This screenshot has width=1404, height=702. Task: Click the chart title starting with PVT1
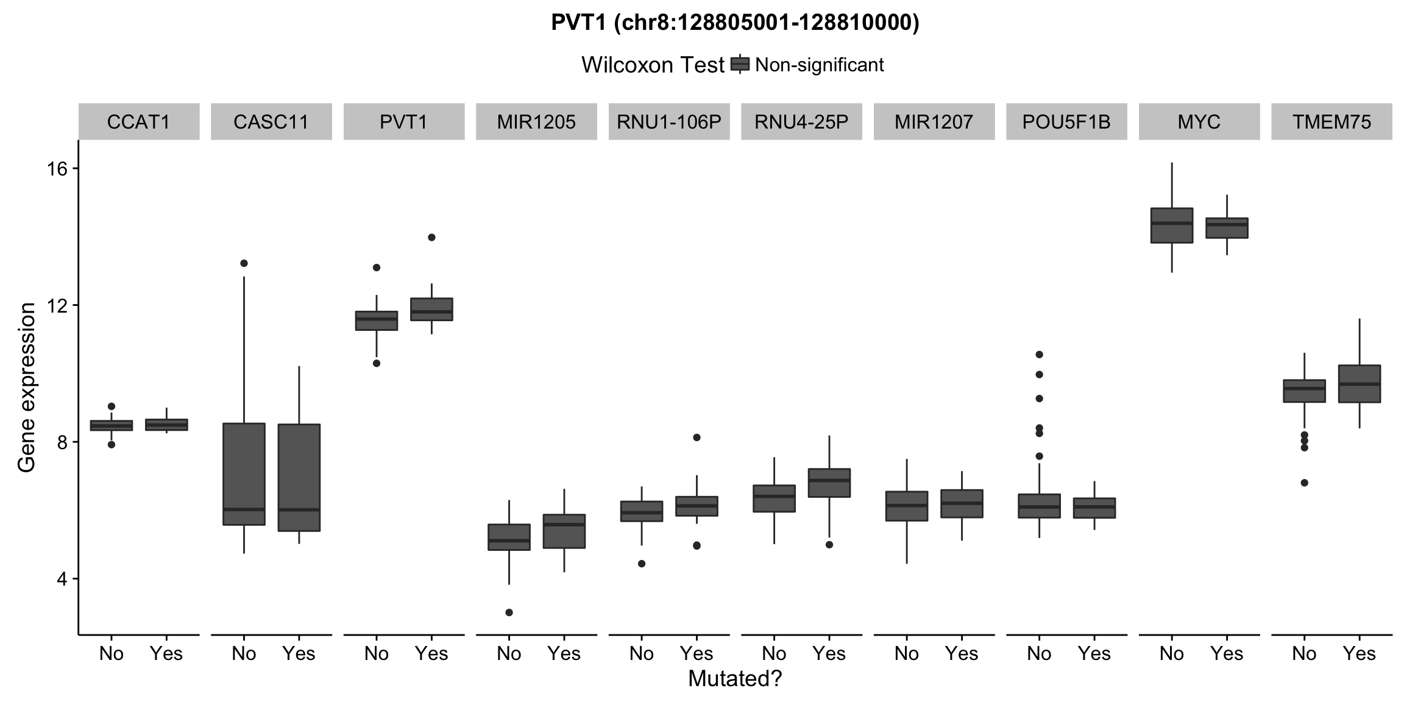pyautogui.click(x=735, y=23)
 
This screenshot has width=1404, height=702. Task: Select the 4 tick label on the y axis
pyautogui.click(x=62, y=579)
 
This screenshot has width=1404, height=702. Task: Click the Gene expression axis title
pyautogui.click(x=27, y=388)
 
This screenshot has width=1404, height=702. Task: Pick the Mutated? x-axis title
pyautogui.click(x=734, y=679)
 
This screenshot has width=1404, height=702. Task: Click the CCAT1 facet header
pyautogui.click(x=139, y=122)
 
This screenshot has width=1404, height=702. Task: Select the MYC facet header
pyautogui.click(x=1199, y=122)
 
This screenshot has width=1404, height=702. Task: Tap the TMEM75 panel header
pyautogui.click(x=1331, y=122)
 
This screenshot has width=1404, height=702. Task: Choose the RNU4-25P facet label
pyautogui.click(x=801, y=122)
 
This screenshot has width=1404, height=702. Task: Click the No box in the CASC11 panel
pyautogui.click(x=244, y=473)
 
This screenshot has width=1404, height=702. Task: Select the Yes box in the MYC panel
pyautogui.click(x=1227, y=227)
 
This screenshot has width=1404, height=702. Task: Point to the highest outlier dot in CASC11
pyautogui.click(x=244, y=263)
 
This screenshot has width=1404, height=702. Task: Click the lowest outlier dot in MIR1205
pyautogui.click(x=509, y=612)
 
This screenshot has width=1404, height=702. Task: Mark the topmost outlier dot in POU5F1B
pyautogui.click(x=1039, y=354)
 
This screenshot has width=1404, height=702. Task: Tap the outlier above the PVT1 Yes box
pyautogui.click(x=431, y=237)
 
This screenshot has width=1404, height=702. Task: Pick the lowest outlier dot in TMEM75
pyautogui.click(x=1304, y=483)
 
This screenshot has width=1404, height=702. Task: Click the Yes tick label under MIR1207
pyautogui.click(x=961, y=654)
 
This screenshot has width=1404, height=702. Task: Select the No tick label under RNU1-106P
pyautogui.click(x=641, y=654)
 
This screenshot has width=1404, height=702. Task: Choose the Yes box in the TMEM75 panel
pyautogui.click(x=1359, y=383)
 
